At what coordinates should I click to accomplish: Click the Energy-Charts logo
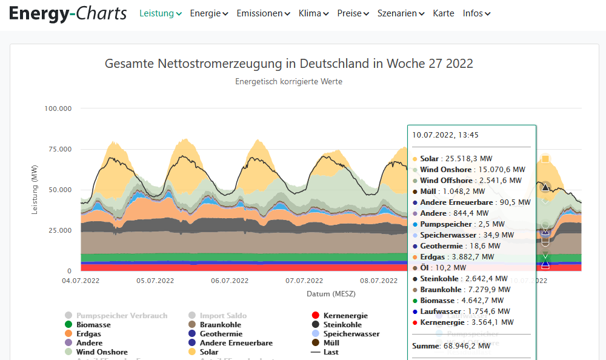[68, 13]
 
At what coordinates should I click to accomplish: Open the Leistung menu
[161, 13]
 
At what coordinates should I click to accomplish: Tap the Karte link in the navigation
[444, 13]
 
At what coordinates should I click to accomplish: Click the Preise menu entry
[353, 13]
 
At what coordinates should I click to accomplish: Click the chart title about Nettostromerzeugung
[289, 64]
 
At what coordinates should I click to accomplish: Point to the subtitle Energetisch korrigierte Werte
[289, 82]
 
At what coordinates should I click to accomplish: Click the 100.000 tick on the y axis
[58, 108]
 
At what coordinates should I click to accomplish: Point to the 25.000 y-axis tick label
[60, 230]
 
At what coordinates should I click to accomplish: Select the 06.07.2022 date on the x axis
[229, 281]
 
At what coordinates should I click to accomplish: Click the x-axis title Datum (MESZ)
[331, 294]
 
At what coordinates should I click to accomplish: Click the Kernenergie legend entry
[345, 316]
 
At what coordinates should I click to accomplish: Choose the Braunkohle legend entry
[220, 325]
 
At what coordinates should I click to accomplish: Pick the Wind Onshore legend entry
[102, 352]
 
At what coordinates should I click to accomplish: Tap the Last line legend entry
[331, 352]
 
